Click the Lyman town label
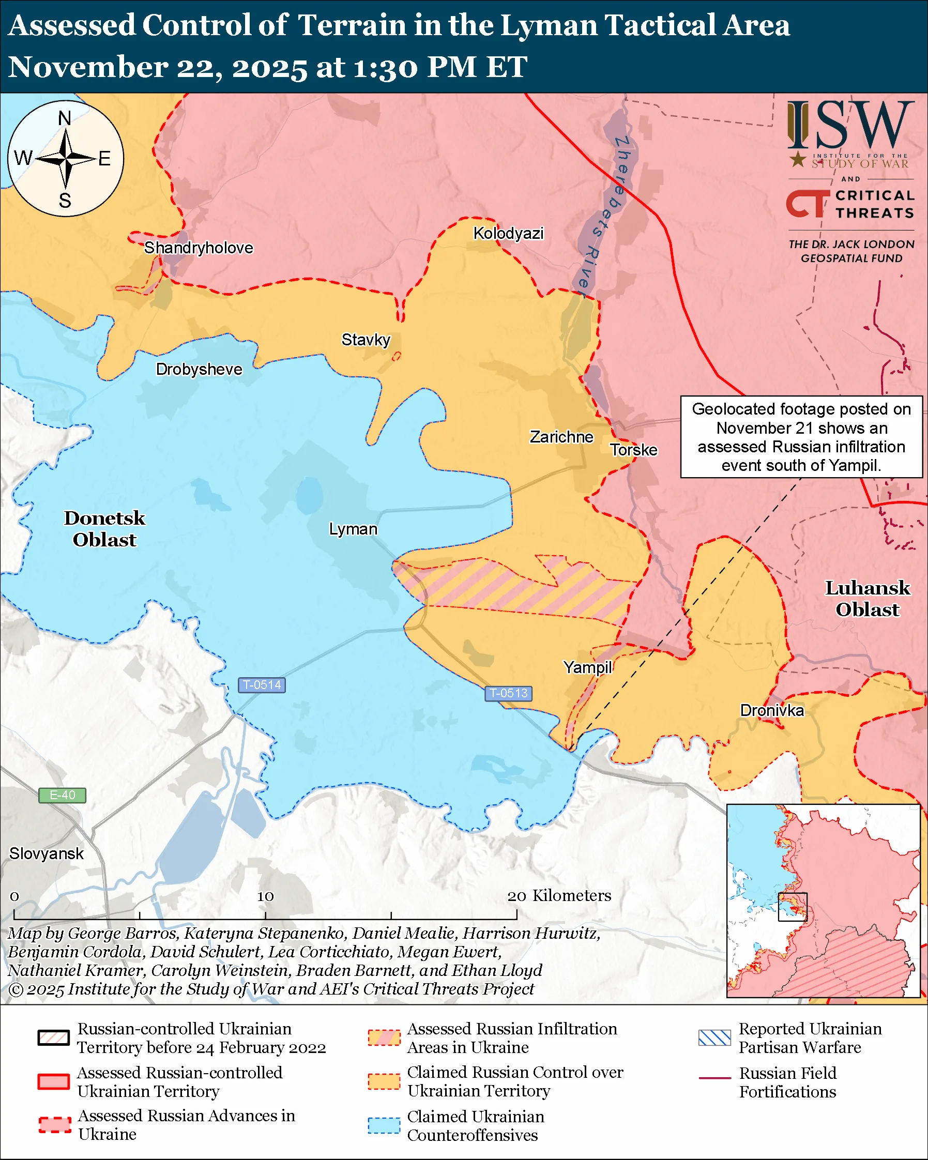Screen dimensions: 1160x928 (353, 529)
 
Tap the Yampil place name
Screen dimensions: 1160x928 (587, 667)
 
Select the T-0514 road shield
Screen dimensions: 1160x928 (262, 685)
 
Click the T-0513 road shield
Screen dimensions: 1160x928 (508, 693)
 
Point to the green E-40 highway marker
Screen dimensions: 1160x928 (62, 795)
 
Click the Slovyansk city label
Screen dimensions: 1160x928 (46, 853)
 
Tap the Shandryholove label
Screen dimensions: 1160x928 (198, 248)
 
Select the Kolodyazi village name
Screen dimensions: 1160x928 (508, 233)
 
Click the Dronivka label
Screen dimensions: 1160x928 (771, 710)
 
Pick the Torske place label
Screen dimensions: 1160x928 (633, 450)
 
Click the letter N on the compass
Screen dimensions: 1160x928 (65, 118)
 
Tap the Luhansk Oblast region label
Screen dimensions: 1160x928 (867, 598)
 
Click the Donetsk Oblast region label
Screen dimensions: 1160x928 (104, 528)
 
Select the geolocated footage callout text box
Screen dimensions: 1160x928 (801, 437)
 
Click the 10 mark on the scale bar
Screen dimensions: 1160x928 (265, 896)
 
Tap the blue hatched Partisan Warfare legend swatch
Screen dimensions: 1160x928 (714, 1037)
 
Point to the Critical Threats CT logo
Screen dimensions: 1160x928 (807, 203)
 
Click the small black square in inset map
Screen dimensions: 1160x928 (793, 907)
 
